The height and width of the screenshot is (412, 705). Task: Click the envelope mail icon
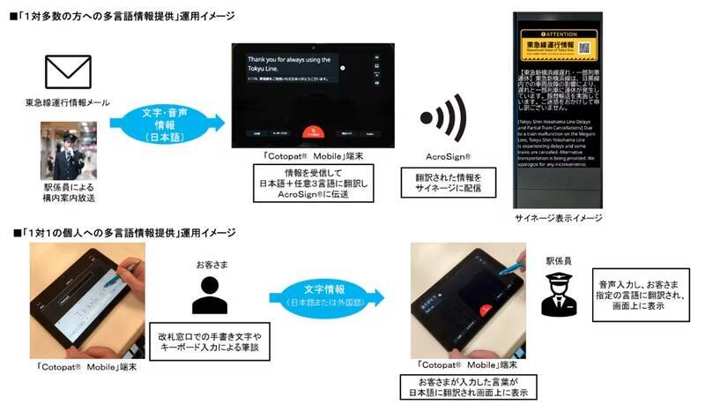(x=68, y=73)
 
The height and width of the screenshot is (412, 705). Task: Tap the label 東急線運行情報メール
(x=68, y=104)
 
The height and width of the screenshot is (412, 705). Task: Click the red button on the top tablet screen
(x=307, y=132)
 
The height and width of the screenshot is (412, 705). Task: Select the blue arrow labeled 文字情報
(x=328, y=296)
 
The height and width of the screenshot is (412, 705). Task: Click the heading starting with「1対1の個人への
(x=123, y=232)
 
